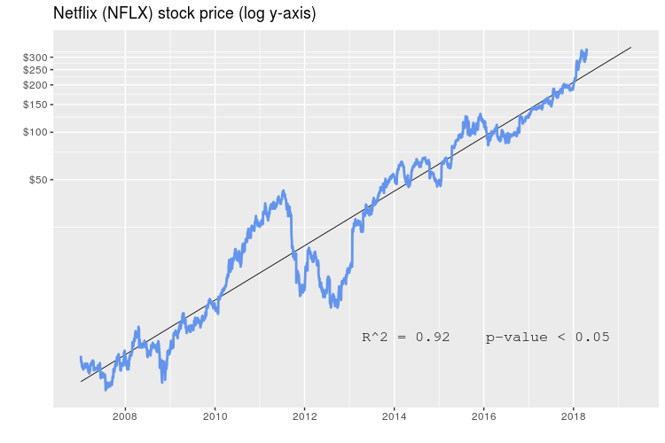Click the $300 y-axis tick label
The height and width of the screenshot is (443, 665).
point(35,58)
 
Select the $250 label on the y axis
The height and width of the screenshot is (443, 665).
point(35,70)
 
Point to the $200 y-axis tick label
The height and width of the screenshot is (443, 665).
point(35,85)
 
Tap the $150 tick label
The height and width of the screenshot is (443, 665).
point(35,105)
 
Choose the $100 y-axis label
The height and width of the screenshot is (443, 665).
point(35,133)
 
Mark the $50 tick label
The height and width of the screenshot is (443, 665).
point(38,180)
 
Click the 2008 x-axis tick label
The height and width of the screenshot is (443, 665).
point(125,415)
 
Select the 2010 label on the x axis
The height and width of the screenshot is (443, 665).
point(215,415)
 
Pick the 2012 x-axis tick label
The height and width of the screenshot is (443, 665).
point(305,415)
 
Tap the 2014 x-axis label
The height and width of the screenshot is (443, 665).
point(395,415)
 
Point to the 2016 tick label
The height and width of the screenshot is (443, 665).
point(484,415)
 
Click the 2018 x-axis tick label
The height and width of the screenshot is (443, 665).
point(574,415)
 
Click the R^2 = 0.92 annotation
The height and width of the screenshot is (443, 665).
point(405,337)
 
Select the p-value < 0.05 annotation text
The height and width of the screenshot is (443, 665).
point(547,337)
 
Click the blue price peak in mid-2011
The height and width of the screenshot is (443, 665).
point(284,191)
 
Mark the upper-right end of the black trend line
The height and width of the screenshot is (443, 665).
point(630,48)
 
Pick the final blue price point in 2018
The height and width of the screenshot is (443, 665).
point(586,51)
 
